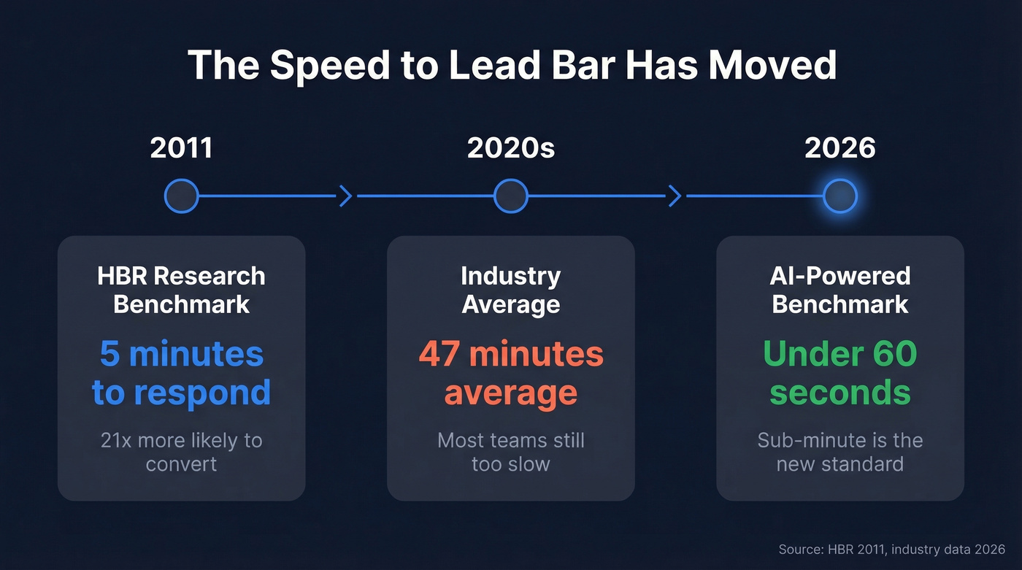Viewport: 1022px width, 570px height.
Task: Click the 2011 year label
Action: pos(181,148)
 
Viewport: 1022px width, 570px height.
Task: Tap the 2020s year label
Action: pos(511,148)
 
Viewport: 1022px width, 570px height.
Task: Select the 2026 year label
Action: pos(839,148)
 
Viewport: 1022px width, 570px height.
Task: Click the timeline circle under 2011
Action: pos(181,196)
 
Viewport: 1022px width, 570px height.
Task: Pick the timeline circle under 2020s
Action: pos(511,196)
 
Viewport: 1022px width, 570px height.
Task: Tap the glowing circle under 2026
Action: pos(839,196)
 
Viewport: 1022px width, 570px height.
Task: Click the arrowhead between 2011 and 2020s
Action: pos(346,196)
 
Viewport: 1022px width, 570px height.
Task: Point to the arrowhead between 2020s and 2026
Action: pos(675,196)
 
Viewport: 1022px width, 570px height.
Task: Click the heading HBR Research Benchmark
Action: pos(181,290)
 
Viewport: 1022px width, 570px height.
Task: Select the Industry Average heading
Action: pos(511,290)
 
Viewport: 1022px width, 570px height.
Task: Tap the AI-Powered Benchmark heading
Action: pos(839,290)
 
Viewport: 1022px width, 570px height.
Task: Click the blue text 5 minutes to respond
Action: pos(181,373)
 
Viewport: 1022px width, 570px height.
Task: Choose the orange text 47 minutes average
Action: pos(511,373)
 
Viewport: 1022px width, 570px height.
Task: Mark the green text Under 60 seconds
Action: pos(839,373)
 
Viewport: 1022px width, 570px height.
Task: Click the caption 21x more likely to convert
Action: pos(181,452)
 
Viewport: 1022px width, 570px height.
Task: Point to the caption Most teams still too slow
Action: pos(511,452)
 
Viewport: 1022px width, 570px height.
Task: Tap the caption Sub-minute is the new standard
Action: pos(839,452)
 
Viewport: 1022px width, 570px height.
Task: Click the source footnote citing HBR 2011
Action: pos(892,549)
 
